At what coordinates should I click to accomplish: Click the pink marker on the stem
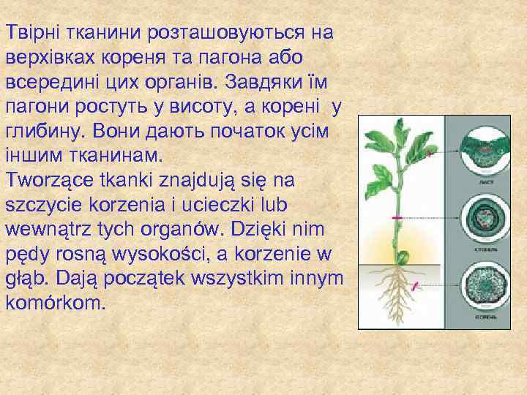click(397, 219)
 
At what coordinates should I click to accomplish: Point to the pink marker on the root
click(416, 286)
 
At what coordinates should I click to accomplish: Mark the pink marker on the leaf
click(430, 155)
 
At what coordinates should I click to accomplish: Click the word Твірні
click(34, 31)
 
